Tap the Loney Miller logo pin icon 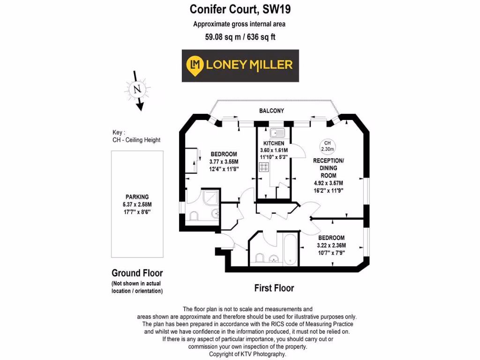(x=194, y=65)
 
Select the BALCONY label (x=272, y=111)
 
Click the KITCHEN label (x=274, y=143)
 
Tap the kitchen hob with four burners (x=264, y=167)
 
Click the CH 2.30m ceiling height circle (x=327, y=146)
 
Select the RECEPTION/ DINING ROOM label (x=328, y=168)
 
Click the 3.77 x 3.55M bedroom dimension (x=224, y=162)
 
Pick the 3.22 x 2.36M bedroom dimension (x=330, y=245)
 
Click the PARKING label (x=137, y=197)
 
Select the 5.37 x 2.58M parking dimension (x=137, y=204)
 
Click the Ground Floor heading (x=137, y=273)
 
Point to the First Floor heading (x=274, y=288)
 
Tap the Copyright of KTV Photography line (x=247, y=354)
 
